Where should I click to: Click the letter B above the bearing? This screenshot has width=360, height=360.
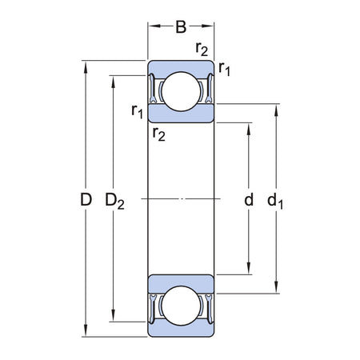[181, 27]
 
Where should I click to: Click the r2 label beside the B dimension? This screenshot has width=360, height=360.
[202, 50]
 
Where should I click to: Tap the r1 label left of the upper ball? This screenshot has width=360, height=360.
[138, 110]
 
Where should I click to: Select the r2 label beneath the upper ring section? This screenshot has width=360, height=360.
[159, 133]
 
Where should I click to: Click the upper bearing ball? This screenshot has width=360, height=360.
[181, 90]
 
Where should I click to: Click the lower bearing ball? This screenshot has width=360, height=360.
[181, 306]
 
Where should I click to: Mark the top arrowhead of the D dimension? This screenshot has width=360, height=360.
[86, 64]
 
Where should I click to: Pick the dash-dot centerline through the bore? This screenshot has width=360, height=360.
[181, 198]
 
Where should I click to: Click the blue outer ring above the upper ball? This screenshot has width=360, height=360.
[181, 67]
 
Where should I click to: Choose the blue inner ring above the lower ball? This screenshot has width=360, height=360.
[181, 281]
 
